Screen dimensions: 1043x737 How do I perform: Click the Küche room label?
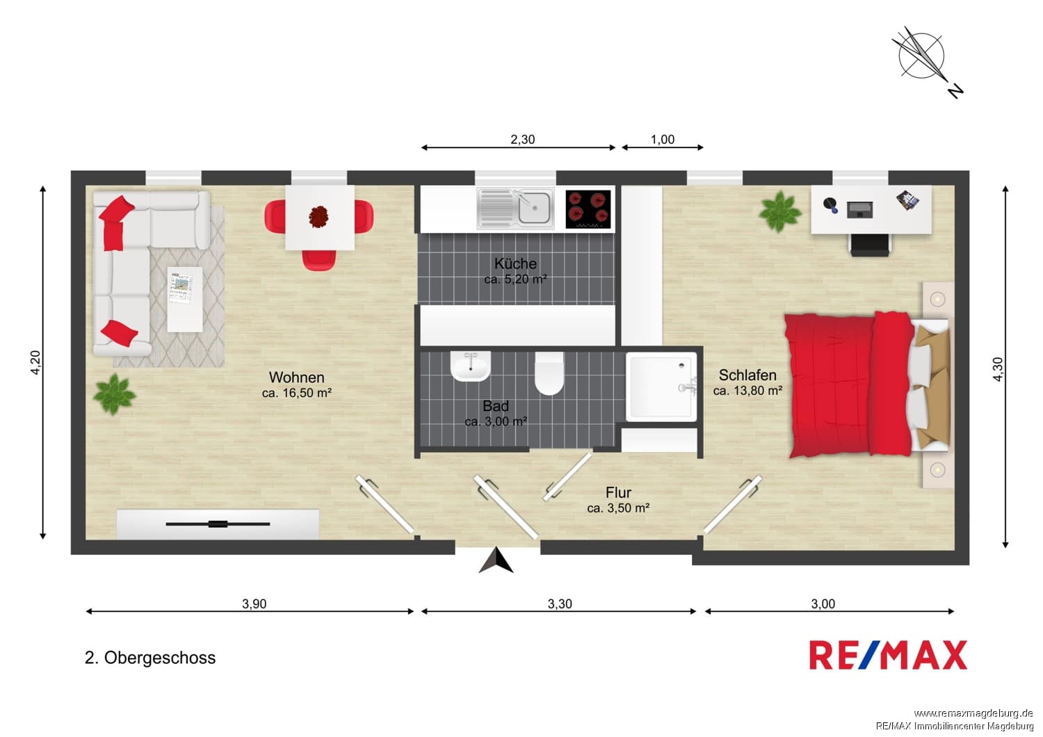click(x=515, y=264)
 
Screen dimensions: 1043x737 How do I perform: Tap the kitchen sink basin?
click(x=534, y=208)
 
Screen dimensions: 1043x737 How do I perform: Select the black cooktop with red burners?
click(x=588, y=209)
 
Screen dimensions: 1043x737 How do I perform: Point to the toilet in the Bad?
click(x=549, y=373)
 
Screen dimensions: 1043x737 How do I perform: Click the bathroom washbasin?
click(x=471, y=366)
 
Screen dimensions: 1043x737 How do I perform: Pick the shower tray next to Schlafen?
click(x=661, y=387)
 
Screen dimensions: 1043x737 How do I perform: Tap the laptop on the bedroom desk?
click(x=859, y=210)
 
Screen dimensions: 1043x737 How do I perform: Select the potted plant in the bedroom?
click(x=780, y=211)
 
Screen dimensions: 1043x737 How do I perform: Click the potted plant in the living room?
click(x=114, y=394)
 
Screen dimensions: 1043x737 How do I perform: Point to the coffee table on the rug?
click(x=185, y=300)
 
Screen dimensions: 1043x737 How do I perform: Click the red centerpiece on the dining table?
click(x=319, y=217)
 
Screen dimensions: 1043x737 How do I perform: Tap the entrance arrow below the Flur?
click(x=496, y=560)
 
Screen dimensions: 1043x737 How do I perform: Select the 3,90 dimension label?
click(x=254, y=604)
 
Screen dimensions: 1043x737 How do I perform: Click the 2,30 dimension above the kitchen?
click(x=522, y=139)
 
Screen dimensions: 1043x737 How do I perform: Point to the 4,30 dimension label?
click(x=997, y=369)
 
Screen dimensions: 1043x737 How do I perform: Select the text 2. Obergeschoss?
click(x=150, y=658)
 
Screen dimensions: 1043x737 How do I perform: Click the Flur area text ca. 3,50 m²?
click(x=618, y=508)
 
